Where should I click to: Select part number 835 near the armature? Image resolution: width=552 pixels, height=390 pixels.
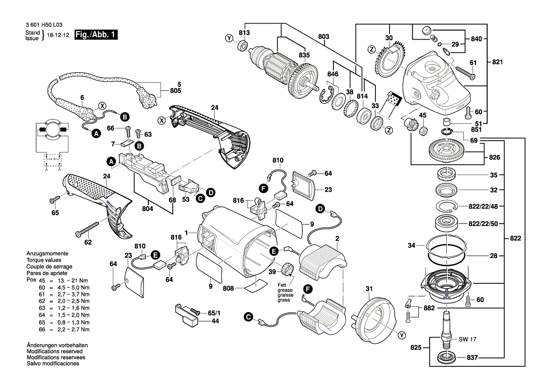pos(305,55)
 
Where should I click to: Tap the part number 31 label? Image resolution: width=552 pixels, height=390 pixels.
pos(369,289)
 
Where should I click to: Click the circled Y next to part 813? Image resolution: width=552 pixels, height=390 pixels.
pos(229,39)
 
